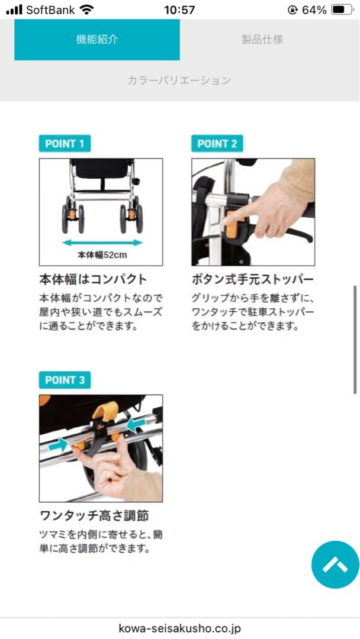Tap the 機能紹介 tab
pos(97,40)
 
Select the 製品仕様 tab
pos(262,40)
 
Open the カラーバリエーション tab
pos(179,80)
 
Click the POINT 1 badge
pos(65,143)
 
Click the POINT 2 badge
pos(217,143)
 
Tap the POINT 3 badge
pos(65,380)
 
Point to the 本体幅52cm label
pos(102,256)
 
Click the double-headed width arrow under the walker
pos(102,242)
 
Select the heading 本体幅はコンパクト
pos(93,279)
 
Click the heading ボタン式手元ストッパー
pos(253,279)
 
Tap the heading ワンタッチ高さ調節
pos(94,515)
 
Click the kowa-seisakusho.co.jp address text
pos(179,628)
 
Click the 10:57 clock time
pos(179,10)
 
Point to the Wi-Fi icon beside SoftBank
pos(87,10)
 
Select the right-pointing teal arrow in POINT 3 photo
pos(58,444)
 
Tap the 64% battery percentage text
pos(314,10)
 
